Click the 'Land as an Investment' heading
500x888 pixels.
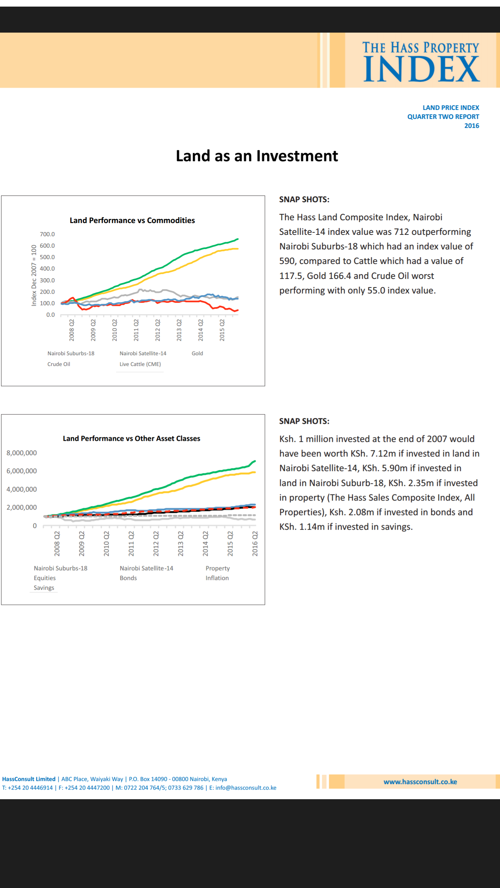click(x=257, y=156)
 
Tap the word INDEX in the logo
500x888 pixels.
click(x=422, y=69)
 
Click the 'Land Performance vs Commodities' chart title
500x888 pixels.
click(x=132, y=220)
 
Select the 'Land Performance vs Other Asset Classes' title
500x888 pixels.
click(x=131, y=438)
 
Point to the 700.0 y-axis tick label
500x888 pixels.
click(x=47, y=234)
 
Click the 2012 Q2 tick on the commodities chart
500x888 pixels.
click(x=158, y=330)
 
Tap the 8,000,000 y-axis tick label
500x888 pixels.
click(x=22, y=453)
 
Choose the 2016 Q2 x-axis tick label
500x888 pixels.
click(x=255, y=544)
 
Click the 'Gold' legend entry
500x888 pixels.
click(x=197, y=353)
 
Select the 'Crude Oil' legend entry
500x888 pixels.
click(x=59, y=364)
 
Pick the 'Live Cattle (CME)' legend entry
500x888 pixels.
click(x=140, y=364)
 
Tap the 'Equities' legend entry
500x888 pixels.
click(x=44, y=578)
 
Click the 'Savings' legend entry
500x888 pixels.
click(x=44, y=588)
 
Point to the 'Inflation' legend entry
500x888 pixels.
click(x=217, y=578)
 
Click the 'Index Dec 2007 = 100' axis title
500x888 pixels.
click(x=34, y=275)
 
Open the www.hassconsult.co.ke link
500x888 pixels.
click(x=420, y=782)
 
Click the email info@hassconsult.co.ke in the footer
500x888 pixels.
click(x=246, y=787)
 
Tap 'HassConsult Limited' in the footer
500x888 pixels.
click(x=29, y=779)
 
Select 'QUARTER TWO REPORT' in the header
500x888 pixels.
click(x=443, y=117)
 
